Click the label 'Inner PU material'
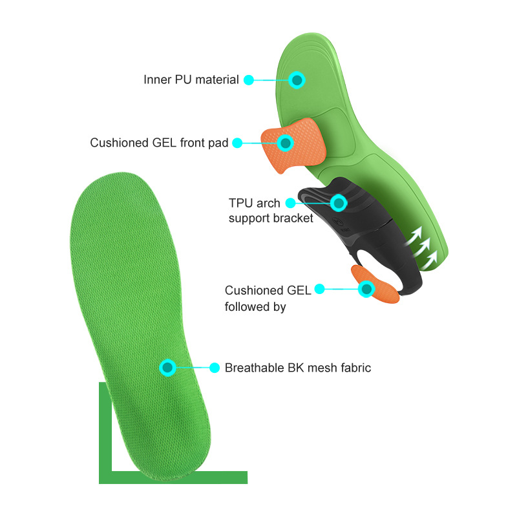[191, 80]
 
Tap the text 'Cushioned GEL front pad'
[159, 143]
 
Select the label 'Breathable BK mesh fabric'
[298, 368]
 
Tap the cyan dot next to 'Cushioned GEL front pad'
[237, 143]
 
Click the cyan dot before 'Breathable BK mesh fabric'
[215, 368]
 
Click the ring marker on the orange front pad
[284, 142]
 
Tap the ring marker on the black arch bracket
[338, 203]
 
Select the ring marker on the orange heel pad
[366, 289]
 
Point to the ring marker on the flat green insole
[167, 368]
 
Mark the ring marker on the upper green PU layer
[297, 80]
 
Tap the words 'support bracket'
[271, 218]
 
